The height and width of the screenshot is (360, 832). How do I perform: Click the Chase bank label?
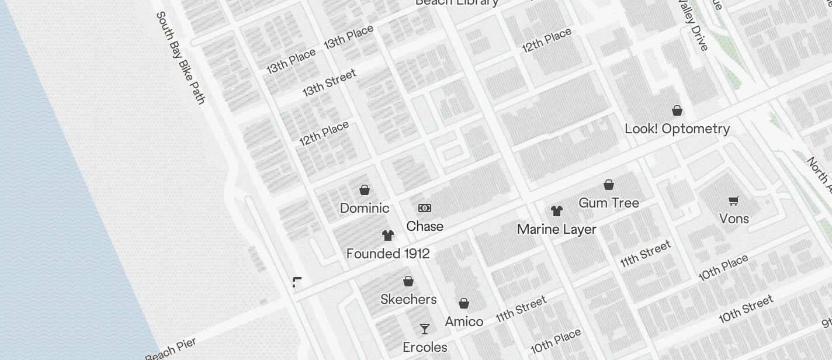(425, 226)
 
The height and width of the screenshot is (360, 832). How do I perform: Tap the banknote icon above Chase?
(425, 208)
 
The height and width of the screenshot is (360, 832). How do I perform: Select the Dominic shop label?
(365, 208)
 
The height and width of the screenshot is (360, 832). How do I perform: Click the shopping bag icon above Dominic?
(365, 190)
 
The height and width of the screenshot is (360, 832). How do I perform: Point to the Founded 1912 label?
(388, 254)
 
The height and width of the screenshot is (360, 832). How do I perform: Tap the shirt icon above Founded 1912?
(388, 236)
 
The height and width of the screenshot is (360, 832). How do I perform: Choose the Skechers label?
(408, 299)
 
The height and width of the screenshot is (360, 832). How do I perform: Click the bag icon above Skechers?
(408, 281)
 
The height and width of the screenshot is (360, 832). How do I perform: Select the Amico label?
(464, 321)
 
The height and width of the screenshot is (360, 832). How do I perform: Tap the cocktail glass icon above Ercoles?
(425, 329)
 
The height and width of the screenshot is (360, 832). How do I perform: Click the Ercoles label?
(425, 347)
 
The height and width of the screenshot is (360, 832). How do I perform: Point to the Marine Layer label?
(557, 230)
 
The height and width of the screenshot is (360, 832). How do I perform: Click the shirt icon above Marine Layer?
(557, 211)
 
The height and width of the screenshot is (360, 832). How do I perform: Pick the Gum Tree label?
(609, 203)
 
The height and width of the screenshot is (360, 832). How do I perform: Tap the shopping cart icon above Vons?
(734, 200)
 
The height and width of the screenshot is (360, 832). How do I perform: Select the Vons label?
(734, 219)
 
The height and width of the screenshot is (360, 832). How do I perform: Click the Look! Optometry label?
(677, 129)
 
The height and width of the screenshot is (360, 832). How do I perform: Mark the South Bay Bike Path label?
(181, 58)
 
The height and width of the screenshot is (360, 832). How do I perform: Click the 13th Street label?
(329, 84)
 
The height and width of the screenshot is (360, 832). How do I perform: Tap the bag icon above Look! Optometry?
(677, 110)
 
